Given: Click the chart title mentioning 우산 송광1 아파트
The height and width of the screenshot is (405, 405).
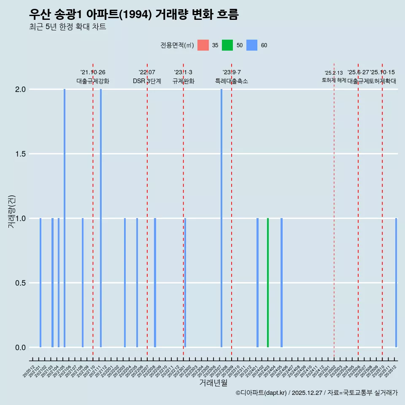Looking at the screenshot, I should pyautogui.click(x=134, y=14).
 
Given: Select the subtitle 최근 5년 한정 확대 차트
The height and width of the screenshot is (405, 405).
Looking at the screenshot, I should pyautogui.click(x=67, y=27).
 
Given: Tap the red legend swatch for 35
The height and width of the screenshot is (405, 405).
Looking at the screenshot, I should pyautogui.click(x=203, y=45).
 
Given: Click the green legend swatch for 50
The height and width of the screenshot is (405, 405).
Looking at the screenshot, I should pyautogui.click(x=227, y=45).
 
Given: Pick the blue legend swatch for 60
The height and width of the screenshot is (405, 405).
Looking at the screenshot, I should pyautogui.click(x=252, y=45).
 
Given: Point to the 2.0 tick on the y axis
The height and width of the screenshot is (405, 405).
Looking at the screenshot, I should pyautogui.click(x=21, y=89).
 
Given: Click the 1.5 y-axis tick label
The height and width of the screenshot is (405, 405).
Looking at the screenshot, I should pyautogui.click(x=21, y=154).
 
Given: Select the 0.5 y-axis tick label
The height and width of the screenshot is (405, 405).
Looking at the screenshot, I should pyautogui.click(x=21, y=283).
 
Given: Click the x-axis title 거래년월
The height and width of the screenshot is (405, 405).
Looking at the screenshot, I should pyautogui.click(x=213, y=383).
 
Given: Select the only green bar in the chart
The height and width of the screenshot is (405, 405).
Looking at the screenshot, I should pyautogui.click(x=268, y=283).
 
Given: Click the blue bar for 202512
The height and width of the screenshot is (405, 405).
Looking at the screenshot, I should pyautogui.click(x=396, y=283).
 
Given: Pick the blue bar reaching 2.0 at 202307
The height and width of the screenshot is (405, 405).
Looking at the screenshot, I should pyautogui.click(x=221, y=218).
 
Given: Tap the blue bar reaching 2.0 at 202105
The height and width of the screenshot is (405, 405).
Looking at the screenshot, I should pyautogui.click(x=65, y=218).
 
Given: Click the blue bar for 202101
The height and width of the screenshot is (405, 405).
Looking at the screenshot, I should pyautogui.click(x=40, y=283).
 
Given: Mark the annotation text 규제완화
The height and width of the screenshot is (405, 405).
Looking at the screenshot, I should pyautogui.click(x=183, y=81).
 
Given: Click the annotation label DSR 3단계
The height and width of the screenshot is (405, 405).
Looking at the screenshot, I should pyautogui.click(x=147, y=81).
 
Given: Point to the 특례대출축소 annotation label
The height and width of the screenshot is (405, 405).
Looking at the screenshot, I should pyautogui.click(x=232, y=81).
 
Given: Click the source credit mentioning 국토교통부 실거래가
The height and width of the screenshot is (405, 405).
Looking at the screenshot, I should pyautogui.click(x=316, y=393).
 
